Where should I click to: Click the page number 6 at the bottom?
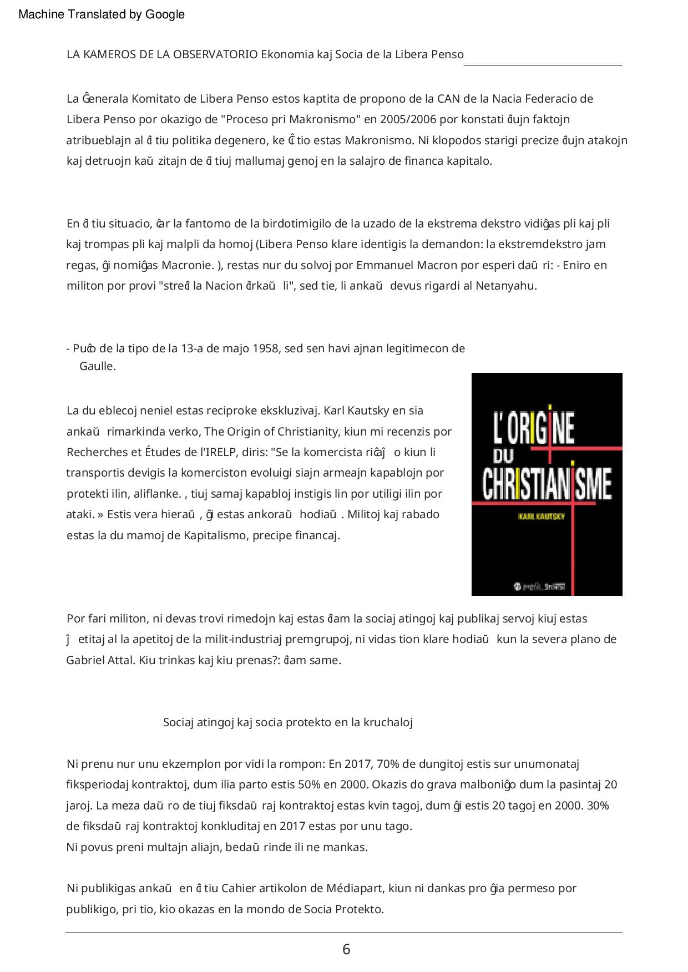point(346,949)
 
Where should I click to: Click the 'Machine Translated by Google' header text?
point(102,14)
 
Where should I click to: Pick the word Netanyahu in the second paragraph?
point(506,286)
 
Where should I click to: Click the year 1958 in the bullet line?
point(266,348)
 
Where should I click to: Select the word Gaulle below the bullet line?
point(98,366)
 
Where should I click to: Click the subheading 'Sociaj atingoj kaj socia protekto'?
point(287,722)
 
